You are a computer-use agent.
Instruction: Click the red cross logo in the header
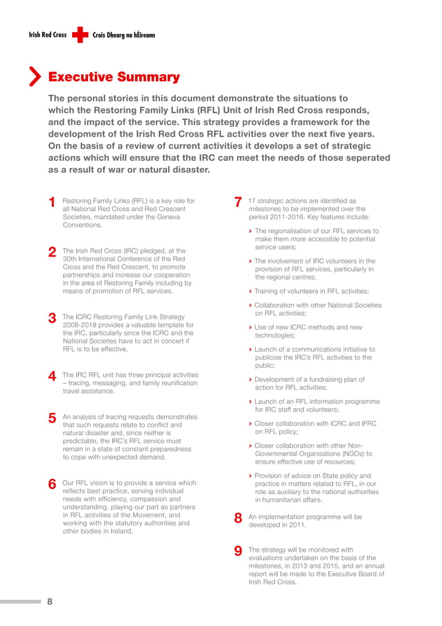pos(80,35)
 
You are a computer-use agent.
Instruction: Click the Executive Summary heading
pos(114,77)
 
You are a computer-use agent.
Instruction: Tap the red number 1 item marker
pos(52,203)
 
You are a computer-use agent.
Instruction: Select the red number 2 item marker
pos(52,253)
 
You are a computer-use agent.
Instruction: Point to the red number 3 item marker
pos(52,319)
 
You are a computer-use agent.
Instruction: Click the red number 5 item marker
pos(52,419)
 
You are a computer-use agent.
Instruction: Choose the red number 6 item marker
pos(52,485)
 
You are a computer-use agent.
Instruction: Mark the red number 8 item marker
pos(238,518)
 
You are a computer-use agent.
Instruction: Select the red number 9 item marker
pos(238,552)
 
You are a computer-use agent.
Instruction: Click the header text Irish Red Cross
pos(48,35)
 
